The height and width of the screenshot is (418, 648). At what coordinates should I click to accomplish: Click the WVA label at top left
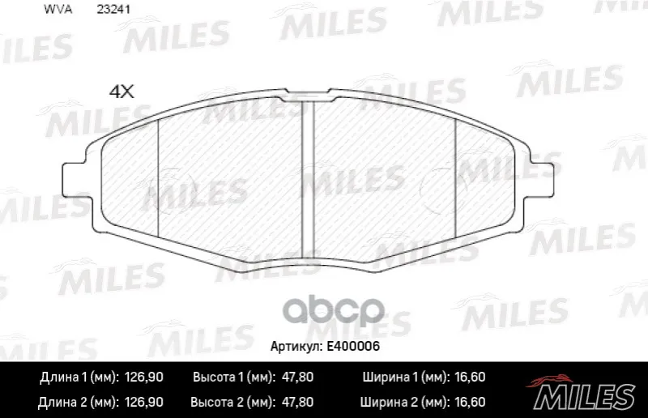click(58, 10)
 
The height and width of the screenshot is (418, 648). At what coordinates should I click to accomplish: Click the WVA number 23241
click(113, 10)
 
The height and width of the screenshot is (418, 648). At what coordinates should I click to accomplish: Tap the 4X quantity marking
click(122, 92)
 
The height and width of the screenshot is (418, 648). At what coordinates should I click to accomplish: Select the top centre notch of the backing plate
click(308, 95)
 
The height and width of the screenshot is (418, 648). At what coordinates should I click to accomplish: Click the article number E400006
click(353, 346)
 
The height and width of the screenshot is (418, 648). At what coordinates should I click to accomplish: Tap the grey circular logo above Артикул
click(334, 310)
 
